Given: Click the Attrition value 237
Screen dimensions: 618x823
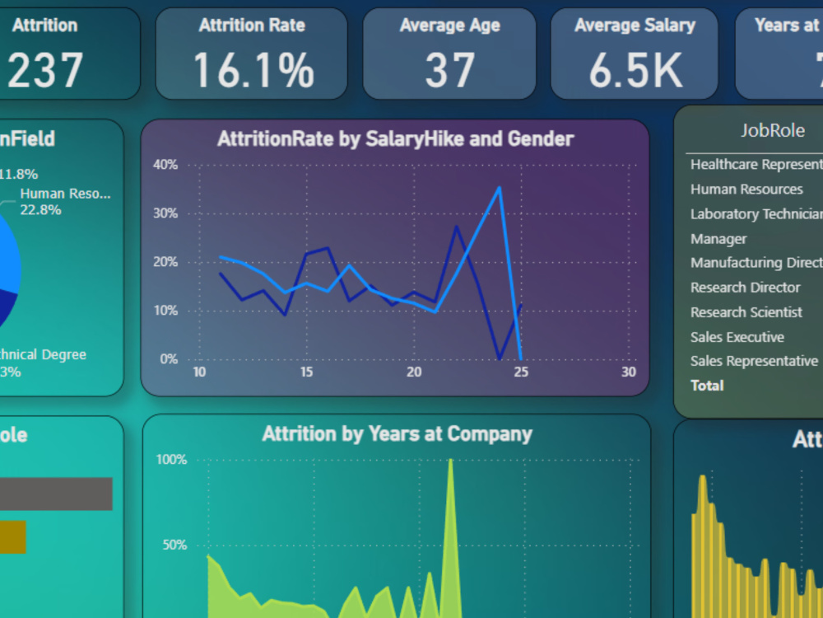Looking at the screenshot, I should (45, 70).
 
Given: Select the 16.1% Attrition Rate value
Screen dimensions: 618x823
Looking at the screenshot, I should (253, 70).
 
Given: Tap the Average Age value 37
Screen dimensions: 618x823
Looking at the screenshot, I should (449, 70).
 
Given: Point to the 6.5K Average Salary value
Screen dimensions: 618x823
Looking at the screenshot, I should (635, 70).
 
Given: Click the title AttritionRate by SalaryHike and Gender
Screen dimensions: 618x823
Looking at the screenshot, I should (395, 138).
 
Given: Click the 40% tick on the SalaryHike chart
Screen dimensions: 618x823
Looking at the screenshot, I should (165, 165).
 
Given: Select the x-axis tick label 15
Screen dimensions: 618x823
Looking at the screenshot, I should (306, 372).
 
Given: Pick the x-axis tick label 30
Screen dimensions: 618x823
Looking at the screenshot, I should (629, 372).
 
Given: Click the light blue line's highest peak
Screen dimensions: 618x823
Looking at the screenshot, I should (499, 188).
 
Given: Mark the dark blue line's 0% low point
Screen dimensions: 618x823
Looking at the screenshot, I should (500, 358).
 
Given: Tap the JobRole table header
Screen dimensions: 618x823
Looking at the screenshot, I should (772, 130).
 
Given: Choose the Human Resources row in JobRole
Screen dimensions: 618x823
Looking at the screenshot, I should (746, 190).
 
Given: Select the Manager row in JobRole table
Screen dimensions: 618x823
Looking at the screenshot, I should (718, 239).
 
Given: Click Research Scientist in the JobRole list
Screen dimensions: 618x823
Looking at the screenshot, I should (746, 312).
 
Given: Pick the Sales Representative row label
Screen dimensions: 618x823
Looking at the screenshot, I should (754, 361).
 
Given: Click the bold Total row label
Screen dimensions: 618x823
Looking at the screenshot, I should (707, 386).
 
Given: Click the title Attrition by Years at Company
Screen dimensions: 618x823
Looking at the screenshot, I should (397, 434).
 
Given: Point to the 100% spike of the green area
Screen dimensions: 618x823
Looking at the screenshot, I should (450, 461).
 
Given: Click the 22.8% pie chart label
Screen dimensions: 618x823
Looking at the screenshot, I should (41, 210).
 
